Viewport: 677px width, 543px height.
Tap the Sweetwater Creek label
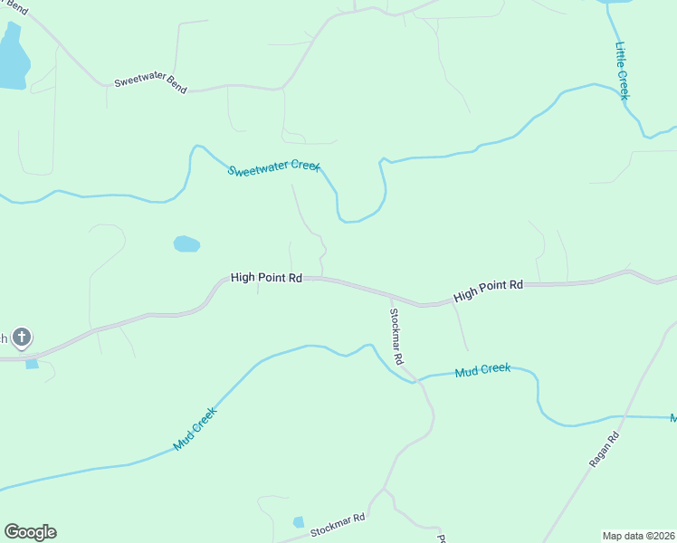273,170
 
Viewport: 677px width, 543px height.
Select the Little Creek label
623,71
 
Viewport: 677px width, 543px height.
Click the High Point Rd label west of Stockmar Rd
266,278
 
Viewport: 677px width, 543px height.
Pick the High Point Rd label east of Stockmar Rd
489,291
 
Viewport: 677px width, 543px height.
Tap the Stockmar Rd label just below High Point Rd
396,336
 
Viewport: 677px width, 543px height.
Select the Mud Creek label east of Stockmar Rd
482,370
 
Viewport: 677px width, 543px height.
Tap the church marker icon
22,338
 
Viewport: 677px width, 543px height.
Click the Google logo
30,532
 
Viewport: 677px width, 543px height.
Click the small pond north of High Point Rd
186,243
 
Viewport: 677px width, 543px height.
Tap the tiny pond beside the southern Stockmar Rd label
299,522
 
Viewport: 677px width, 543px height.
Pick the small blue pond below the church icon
33,364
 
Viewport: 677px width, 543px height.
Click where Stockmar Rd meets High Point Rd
389,296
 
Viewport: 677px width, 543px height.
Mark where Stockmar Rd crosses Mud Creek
415,379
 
